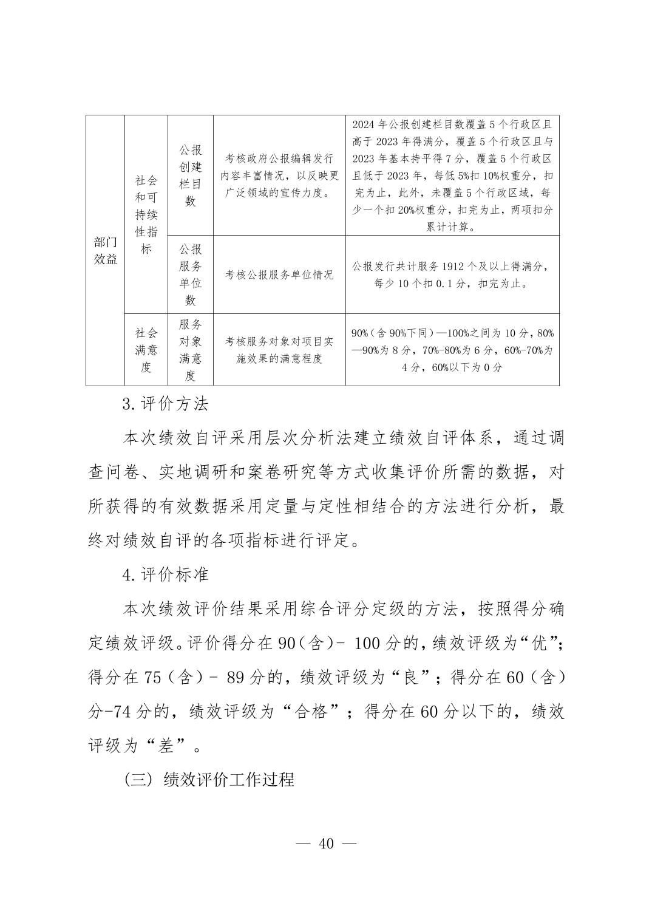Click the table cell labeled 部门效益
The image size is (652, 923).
105,250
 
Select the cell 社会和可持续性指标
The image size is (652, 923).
146,214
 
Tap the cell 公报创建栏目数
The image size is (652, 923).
190,175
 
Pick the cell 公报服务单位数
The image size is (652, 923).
190,274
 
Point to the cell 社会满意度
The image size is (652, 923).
146,350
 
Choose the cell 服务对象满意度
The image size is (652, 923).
190,350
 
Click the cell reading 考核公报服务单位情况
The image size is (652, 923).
279,274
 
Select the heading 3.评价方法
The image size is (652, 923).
165,404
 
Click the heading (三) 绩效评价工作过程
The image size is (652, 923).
209,779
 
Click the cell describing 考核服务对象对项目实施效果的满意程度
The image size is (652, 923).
279,350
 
